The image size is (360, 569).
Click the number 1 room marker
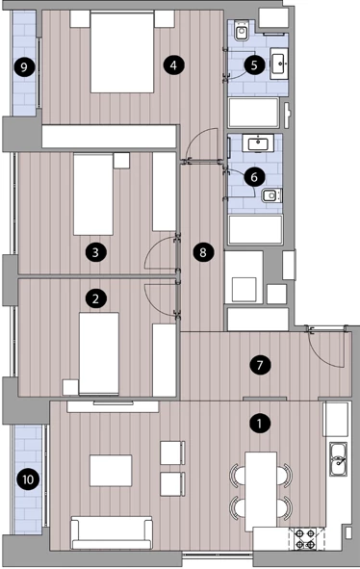[260, 423]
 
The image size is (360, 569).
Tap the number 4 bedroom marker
[174, 65]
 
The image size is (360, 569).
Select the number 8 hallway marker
[203, 252]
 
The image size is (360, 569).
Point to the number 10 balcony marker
[28, 479]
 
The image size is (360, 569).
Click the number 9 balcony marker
[24, 67]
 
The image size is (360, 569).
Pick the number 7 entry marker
[260, 365]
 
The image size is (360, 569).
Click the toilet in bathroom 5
[242, 31]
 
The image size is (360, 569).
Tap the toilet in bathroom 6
[271, 195]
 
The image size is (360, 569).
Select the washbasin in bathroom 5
[279, 64]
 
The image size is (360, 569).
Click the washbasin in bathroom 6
[258, 143]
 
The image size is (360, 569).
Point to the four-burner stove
[305, 539]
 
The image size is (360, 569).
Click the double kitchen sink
[338, 459]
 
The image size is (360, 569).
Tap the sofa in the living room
[112, 532]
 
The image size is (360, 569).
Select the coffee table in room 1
[111, 471]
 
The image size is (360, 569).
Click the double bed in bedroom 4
[122, 52]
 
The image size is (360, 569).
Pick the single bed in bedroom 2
[99, 353]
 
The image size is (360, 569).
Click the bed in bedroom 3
[93, 194]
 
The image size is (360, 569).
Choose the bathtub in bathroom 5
[254, 113]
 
